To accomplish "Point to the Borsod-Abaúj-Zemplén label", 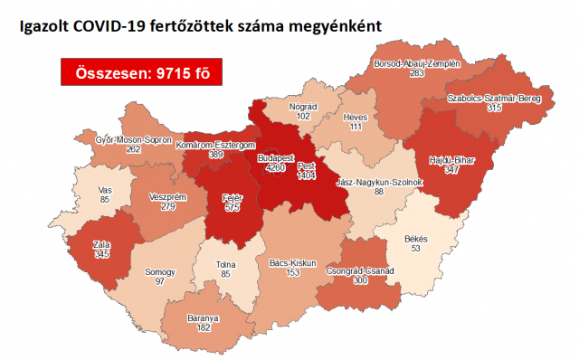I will pos(418,64).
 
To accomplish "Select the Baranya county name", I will pos(204,318).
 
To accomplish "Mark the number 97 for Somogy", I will pos(159,283).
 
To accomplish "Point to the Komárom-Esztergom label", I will pos(217,145).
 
